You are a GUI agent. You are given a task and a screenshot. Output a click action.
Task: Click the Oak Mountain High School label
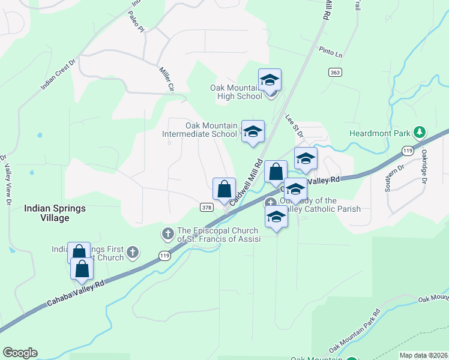[236, 92]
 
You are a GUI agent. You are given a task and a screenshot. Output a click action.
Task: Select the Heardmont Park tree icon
[421, 133]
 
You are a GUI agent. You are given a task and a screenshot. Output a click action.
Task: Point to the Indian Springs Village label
[55, 213]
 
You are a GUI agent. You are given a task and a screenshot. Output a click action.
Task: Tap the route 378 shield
[206, 207]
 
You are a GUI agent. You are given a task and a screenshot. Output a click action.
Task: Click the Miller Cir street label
[166, 79]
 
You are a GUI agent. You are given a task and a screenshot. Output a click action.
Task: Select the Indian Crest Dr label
[58, 74]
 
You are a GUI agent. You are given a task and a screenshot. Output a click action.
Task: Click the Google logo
[20, 353]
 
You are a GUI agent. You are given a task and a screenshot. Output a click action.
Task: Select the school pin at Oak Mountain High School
[270, 81]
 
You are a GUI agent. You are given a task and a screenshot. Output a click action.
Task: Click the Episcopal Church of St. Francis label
[219, 235]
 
